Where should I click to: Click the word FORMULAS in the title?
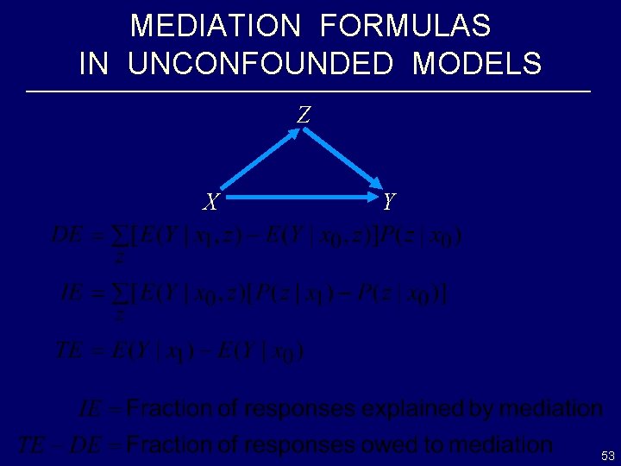[405, 26]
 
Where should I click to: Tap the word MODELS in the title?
[477, 64]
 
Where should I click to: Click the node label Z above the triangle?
[304, 114]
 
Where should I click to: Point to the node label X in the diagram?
[210, 203]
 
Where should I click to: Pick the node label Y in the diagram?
[389, 201]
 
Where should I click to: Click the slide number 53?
[607, 455]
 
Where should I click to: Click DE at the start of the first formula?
[67, 235]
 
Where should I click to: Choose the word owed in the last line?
[397, 444]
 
